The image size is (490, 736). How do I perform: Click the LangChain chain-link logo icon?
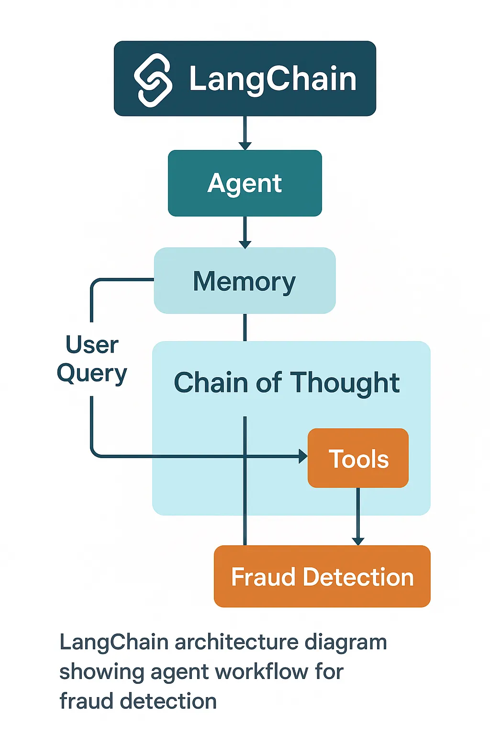click(x=153, y=80)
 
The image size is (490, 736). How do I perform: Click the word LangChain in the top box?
click(x=273, y=79)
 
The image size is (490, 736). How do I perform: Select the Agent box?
click(x=245, y=183)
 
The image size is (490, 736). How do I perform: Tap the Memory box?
click(x=245, y=281)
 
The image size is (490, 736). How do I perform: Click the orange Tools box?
click(x=358, y=459)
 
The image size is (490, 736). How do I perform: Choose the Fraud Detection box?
click(x=322, y=576)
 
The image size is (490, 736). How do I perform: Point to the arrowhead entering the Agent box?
click(x=245, y=146)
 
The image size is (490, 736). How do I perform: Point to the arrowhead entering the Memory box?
click(x=245, y=244)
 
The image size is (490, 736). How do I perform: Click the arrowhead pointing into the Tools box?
click(x=303, y=456)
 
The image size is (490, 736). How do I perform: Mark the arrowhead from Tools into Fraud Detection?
click(x=358, y=541)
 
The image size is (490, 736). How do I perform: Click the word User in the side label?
click(x=92, y=345)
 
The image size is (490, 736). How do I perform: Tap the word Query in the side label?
click(x=92, y=374)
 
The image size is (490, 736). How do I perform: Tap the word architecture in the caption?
click(x=236, y=643)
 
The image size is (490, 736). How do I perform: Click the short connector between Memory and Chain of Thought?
click(x=245, y=327)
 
